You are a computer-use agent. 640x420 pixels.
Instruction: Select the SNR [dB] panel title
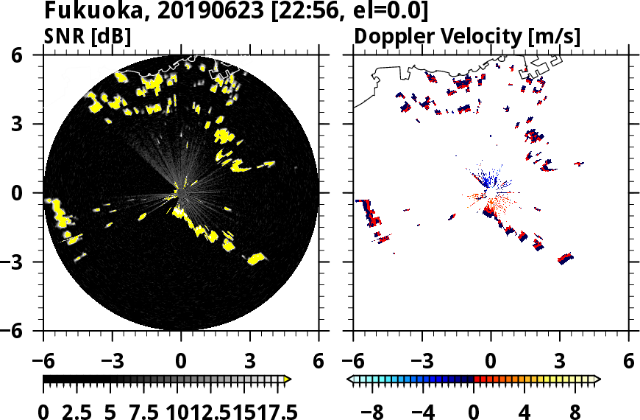pyautogui.click(x=88, y=35)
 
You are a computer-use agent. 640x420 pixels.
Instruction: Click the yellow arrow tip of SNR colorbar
pyautogui.click(x=288, y=379)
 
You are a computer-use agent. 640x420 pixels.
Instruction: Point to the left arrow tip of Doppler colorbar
pyautogui.click(x=350, y=379)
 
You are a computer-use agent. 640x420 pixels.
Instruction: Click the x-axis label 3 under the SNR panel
pyautogui.click(x=249, y=363)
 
